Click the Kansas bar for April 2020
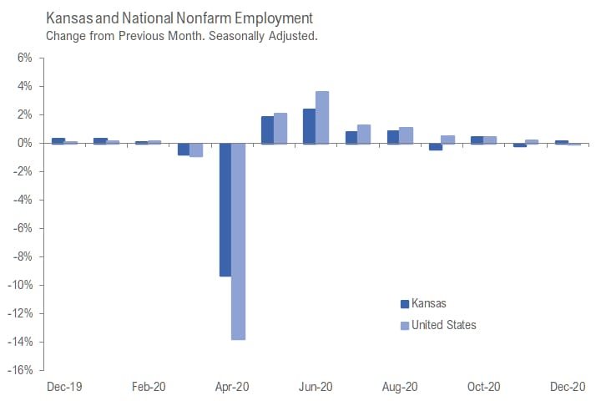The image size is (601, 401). pyautogui.click(x=225, y=210)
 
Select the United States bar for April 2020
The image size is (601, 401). pyautogui.click(x=238, y=241)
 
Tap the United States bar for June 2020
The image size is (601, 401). pyautogui.click(x=322, y=117)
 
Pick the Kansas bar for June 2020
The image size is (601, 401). pyautogui.click(x=309, y=126)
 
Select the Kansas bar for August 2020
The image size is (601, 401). pyautogui.click(x=392, y=137)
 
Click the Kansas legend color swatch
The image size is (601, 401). pyautogui.click(x=405, y=304)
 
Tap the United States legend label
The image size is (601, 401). pyautogui.click(x=445, y=324)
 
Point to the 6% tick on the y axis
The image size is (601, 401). pyautogui.click(x=23, y=58)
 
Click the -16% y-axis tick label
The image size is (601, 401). pyautogui.click(x=20, y=370)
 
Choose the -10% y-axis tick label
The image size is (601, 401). pyautogui.click(x=20, y=285)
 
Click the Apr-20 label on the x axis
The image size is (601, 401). pyautogui.click(x=232, y=387)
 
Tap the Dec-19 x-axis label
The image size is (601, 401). pyautogui.click(x=64, y=387)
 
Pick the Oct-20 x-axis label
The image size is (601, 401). pyautogui.click(x=484, y=387)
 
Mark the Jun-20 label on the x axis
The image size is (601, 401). pyautogui.click(x=316, y=387)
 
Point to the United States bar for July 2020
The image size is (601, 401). pyautogui.click(x=364, y=134)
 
